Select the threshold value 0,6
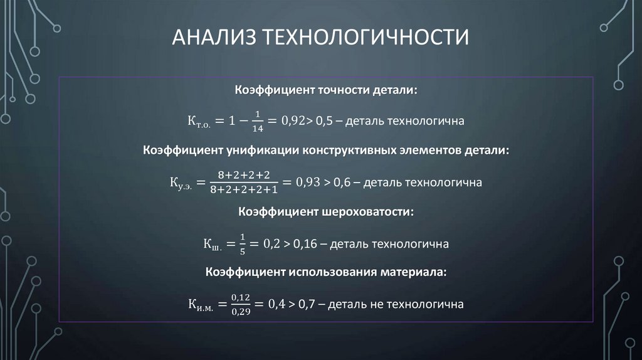342,183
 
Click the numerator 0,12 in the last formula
240,297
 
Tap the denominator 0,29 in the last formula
240,312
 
